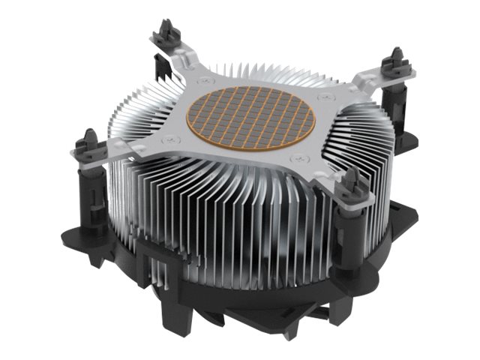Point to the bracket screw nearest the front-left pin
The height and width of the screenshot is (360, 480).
172,136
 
